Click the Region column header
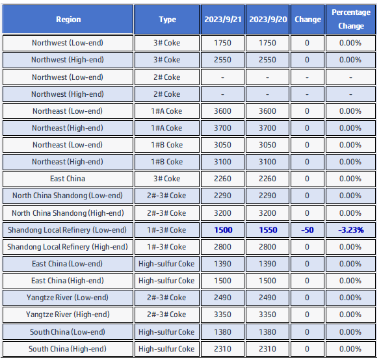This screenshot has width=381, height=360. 68,19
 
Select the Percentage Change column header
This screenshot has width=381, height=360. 351,19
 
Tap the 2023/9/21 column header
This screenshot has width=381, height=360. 222,19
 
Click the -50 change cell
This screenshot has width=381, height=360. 308,230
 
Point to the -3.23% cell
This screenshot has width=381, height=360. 351,230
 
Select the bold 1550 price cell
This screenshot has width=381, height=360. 268,230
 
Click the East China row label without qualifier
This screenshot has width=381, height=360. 68,179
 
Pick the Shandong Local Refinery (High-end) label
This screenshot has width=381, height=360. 68,247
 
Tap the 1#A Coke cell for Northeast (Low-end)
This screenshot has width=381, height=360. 166,111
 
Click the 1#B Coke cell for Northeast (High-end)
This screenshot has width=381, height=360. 166,162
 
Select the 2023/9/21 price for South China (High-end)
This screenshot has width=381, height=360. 222,349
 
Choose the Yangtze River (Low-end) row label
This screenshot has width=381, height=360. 68,298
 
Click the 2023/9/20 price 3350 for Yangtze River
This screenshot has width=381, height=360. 267,315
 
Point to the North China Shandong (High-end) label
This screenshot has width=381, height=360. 68,213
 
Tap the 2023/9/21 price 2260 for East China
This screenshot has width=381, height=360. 222,179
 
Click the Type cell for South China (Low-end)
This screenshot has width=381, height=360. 166,332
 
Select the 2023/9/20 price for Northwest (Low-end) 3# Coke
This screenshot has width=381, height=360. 267,43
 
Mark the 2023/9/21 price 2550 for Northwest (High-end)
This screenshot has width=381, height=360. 222,60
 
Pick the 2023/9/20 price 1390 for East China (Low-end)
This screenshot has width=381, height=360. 267,264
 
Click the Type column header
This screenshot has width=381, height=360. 167,19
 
